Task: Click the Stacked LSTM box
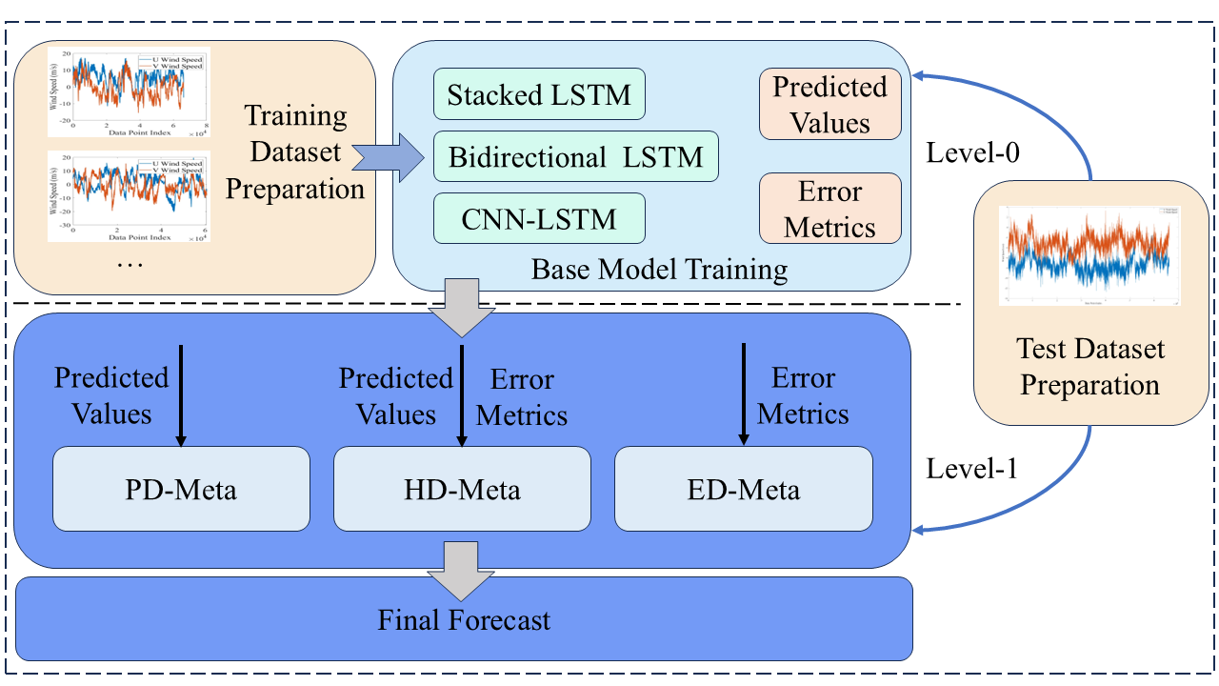[539, 94]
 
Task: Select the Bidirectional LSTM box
[575, 156]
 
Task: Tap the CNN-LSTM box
[539, 218]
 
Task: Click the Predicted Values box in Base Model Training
[829, 104]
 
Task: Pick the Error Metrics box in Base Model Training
[829, 208]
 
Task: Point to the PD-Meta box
[181, 489]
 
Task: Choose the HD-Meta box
[462, 489]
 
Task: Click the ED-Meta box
[743, 489]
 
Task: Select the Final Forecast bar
[464, 620]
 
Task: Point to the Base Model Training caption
[659, 270]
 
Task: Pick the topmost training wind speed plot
[129, 92]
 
